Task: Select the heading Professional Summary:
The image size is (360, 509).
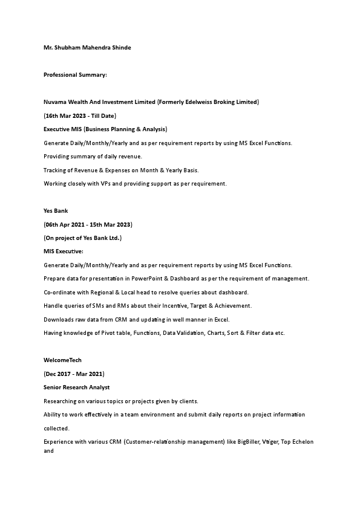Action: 75,74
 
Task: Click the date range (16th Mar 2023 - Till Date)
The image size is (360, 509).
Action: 80,115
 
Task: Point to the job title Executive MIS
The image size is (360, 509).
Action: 63,129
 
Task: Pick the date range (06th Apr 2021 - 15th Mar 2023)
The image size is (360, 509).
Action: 88,224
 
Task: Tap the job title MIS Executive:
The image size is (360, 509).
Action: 64,251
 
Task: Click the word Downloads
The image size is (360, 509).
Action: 58,319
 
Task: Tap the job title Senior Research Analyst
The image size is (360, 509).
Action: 76,387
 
